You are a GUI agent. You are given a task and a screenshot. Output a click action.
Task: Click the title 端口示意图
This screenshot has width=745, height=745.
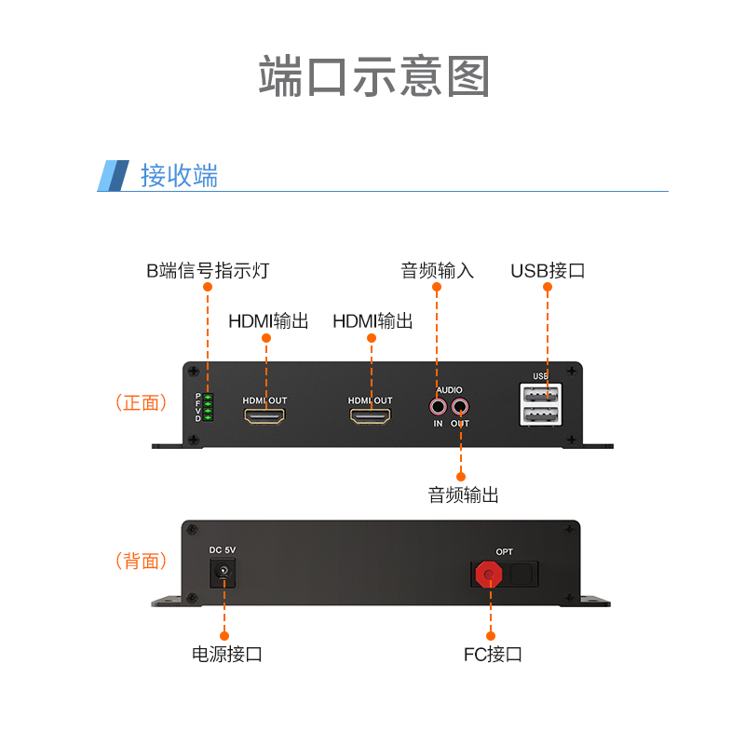point(373,77)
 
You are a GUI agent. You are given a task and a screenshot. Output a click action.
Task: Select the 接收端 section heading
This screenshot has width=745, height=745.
point(179,175)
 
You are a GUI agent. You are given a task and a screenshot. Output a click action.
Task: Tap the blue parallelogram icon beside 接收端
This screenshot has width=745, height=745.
point(114,175)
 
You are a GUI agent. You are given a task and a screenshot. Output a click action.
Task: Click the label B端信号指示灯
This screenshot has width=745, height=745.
point(208,271)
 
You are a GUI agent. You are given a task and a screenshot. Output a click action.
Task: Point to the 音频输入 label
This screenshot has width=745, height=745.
point(437,271)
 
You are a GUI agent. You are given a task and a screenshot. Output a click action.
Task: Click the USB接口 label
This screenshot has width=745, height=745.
point(548,271)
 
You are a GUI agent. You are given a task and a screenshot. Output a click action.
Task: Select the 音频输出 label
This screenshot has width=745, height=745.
point(463,494)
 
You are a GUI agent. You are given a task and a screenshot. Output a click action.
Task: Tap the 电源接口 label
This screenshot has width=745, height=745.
point(226,654)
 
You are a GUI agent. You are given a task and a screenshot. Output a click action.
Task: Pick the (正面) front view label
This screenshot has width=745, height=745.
point(142,403)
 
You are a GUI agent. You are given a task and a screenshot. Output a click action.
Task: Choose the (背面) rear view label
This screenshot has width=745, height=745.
point(142,561)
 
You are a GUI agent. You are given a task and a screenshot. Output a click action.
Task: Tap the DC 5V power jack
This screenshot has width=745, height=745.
point(223,573)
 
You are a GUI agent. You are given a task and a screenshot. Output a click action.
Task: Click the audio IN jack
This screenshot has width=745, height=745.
point(438,406)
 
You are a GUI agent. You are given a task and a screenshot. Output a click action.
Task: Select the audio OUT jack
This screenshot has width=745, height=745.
point(460,406)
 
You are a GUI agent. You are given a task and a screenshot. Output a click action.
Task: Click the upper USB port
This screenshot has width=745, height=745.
point(541,394)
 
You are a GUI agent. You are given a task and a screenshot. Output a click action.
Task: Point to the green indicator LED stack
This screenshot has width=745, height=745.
point(209,407)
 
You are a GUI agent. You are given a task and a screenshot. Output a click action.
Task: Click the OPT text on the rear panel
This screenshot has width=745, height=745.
point(504,552)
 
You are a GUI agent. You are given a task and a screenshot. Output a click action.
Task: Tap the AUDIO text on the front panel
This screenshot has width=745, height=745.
point(449,390)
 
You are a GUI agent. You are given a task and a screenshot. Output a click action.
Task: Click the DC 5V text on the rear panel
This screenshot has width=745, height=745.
point(223,550)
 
